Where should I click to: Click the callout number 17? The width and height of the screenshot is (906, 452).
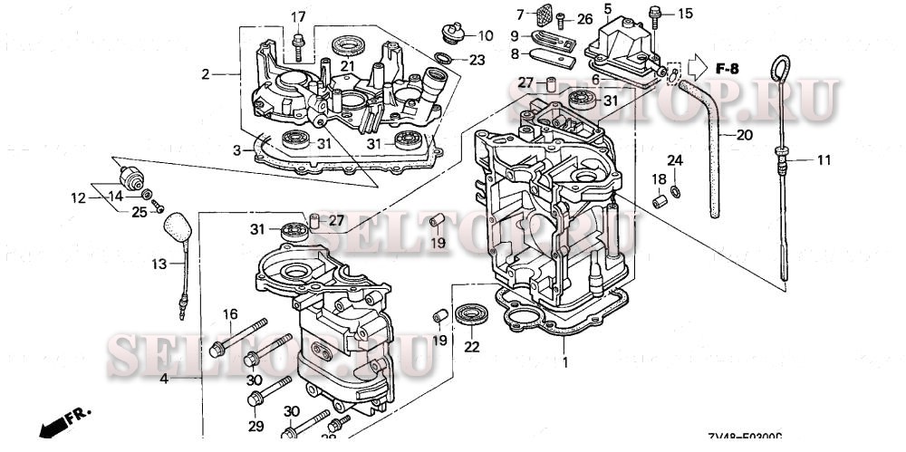click(298, 17)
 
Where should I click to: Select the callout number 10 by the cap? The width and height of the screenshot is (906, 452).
click(485, 36)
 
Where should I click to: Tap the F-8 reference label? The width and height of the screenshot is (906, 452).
click(728, 69)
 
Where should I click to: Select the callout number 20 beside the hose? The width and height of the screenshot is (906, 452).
click(743, 135)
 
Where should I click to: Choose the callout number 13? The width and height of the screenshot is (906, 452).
click(159, 264)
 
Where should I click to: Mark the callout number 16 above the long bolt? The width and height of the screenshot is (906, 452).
click(230, 314)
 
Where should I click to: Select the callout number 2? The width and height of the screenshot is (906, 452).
click(206, 73)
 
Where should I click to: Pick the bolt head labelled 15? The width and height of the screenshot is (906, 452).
click(653, 13)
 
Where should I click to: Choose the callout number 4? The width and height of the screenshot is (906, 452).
click(164, 377)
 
